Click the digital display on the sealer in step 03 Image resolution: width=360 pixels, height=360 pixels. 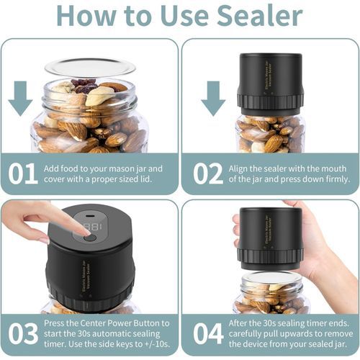click(x=92, y=228)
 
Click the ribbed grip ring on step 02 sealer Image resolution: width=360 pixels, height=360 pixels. click(x=270, y=101)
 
